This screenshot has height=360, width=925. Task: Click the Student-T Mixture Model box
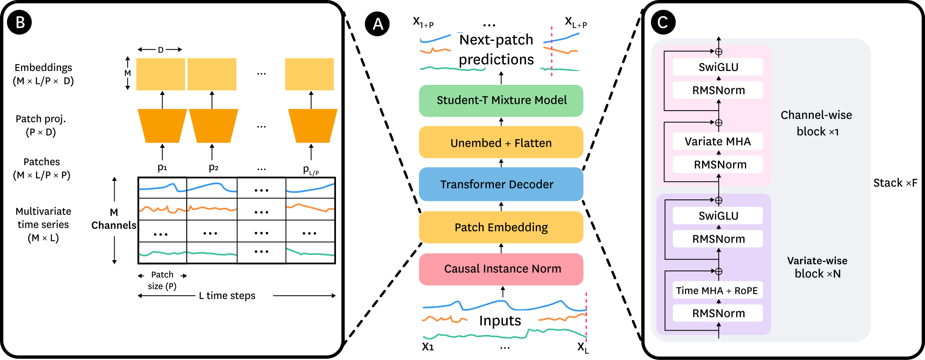coord(501,101)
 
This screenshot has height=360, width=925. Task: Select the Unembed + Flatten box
coord(501,143)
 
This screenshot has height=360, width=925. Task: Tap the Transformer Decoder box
coord(501,184)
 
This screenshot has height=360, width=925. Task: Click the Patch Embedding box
coord(501,227)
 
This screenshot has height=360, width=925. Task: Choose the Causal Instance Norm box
coord(501,269)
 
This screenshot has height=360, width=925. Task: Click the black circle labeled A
coord(377,24)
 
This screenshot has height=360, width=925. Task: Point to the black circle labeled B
coord(19,22)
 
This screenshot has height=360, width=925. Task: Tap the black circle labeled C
coord(663,22)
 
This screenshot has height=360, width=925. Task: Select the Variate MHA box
coord(718,142)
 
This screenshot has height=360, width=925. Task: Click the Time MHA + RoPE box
coord(717,291)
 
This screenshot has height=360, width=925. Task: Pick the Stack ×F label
coord(895,183)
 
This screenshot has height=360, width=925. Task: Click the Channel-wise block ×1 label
coord(816,123)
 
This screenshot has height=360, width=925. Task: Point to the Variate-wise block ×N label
coord(817,267)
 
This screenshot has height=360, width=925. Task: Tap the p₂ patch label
coord(213,167)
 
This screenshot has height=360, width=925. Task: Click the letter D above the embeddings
coord(160,50)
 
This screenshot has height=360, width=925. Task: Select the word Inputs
coord(500,320)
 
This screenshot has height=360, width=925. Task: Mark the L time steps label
coord(227,296)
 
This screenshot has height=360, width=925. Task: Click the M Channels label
coord(114,219)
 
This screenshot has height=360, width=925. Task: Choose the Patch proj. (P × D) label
coord(40,125)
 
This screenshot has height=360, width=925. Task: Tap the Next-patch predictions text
coord(496,50)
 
